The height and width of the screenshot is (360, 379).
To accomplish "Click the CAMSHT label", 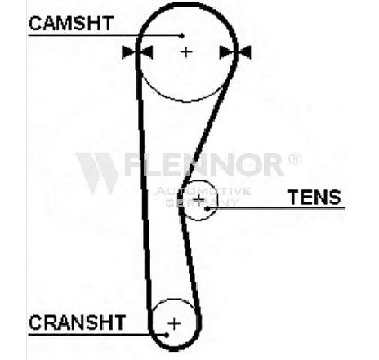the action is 71,23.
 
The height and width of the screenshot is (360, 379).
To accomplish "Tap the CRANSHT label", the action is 78,322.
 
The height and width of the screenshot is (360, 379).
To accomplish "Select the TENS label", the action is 315,198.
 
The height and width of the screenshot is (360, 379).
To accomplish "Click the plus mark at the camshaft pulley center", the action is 186,51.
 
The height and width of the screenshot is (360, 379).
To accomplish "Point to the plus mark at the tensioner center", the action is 199,199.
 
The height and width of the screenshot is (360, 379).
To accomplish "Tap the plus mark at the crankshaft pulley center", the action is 174,324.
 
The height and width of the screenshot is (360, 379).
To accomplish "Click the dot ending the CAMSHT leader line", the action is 182,36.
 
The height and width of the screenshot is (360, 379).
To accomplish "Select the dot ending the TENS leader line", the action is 207,209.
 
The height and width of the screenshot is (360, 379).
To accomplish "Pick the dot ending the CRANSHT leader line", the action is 167,335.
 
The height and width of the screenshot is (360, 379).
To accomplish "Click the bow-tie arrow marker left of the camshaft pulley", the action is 137,52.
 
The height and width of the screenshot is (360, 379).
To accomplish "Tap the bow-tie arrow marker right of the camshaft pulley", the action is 235,52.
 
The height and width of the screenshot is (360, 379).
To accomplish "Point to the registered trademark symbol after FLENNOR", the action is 295,158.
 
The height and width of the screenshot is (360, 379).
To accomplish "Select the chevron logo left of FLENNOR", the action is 97,173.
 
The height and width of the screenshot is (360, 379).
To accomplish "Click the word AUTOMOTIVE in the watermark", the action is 203,191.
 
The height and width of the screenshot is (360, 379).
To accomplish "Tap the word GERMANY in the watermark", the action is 202,202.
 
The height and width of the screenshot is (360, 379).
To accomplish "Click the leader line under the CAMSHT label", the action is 105,35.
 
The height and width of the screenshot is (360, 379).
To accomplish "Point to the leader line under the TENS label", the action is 276,208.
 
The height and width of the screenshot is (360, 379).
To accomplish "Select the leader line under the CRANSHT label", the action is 97,335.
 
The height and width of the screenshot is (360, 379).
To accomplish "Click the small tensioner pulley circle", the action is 217,200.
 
